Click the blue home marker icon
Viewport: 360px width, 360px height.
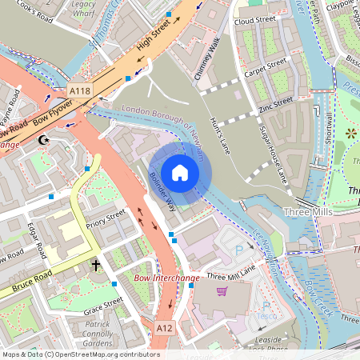(180, 173)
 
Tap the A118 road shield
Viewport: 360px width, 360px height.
(79, 91)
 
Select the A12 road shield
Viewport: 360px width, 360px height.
(164, 328)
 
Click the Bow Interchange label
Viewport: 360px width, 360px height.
(166, 278)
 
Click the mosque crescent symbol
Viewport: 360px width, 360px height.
(44, 141)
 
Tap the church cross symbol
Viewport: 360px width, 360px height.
(96, 264)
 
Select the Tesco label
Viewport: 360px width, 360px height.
(271, 313)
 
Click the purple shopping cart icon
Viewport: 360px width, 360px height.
(222, 290)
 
